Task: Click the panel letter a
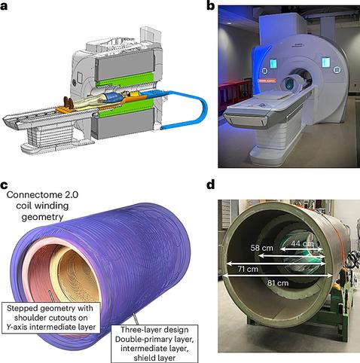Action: pos(4,6)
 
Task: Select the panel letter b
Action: pos(211,5)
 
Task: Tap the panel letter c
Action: pos(4,185)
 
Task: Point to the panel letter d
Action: pos(211,185)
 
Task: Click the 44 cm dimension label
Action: pos(302,243)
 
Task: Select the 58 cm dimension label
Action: pos(261,248)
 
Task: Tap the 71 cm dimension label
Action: pos(248,269)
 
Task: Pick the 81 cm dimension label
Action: pos(278,283)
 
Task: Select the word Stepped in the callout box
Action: pos(22,309)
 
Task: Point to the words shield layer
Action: pos(154,358)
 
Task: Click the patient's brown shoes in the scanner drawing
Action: pos(69,102)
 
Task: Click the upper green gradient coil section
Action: pos(125,80)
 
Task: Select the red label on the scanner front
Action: pos(266,81)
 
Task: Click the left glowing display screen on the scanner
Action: pos(273,63)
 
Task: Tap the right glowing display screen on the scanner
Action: pos(325,63)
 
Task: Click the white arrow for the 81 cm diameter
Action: pos(277,276)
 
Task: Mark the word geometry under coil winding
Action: pos(42,217)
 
